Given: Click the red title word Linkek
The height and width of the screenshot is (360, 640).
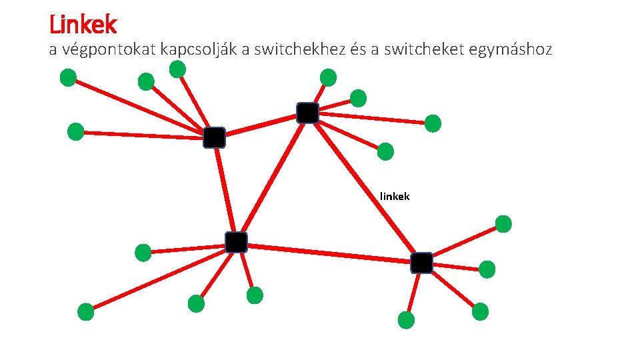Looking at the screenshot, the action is pyautogui.click(x=83, y=25).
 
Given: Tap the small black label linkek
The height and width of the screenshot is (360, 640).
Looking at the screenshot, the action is pyautogui.click(x=395, y=196).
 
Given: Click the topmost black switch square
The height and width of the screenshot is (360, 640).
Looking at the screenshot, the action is pyautogui.click(x=307, y=113).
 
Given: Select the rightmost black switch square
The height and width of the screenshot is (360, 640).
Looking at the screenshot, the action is pyautogui.click(x=421, y=263).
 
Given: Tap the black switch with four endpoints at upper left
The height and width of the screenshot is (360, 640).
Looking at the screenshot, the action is pyautogui.click(x=214, y=137).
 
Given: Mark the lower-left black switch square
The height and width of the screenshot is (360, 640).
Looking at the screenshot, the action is pyautogui.click(x=236, y=243).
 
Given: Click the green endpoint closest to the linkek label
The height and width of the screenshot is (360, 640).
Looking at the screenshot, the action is pyautogui.click(x=385, y=152).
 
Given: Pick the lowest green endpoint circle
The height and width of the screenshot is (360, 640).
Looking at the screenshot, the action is pyautogui.click(x=406, y=320).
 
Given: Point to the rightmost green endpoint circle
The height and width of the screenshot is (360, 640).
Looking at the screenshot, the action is pyautogui.click(x=503, y=224).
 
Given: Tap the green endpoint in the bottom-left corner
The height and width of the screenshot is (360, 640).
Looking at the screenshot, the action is pyautogui.click(x=86, y=311).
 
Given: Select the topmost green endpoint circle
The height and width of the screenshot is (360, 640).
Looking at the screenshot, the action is pyautogui.click(x=177, y=69).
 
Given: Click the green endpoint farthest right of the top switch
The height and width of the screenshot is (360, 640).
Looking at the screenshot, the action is pyautogui.click(x=433, y=123).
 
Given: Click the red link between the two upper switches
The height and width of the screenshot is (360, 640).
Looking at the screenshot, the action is pyautogui.click(x=261, y=125).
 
